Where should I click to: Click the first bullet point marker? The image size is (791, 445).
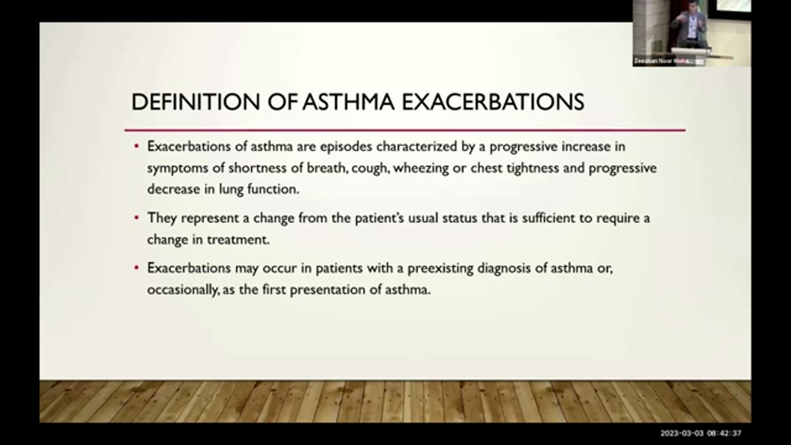click(x=137, y=147)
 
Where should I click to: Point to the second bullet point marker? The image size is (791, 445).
click(x=137, y=218)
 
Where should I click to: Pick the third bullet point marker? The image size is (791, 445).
click(x=137, y=269)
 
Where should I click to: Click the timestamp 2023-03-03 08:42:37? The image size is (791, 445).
click(x=700, y=433)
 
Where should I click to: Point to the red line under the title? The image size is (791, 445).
click(x=405, y=130)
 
